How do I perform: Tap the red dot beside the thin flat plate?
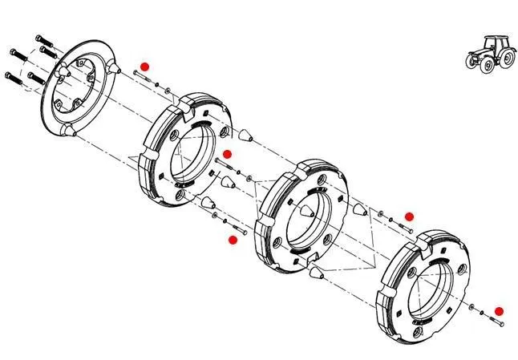(x=144, y=67)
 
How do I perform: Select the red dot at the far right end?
(x=498, y=311)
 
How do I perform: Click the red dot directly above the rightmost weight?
(x=408, y=216)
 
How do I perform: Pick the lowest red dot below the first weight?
(x=233, y=239)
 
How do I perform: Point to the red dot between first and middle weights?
(x=227, y=153)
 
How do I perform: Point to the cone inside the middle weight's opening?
(x=308, y=214)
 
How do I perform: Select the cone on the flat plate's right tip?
(x=117, y=69)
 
